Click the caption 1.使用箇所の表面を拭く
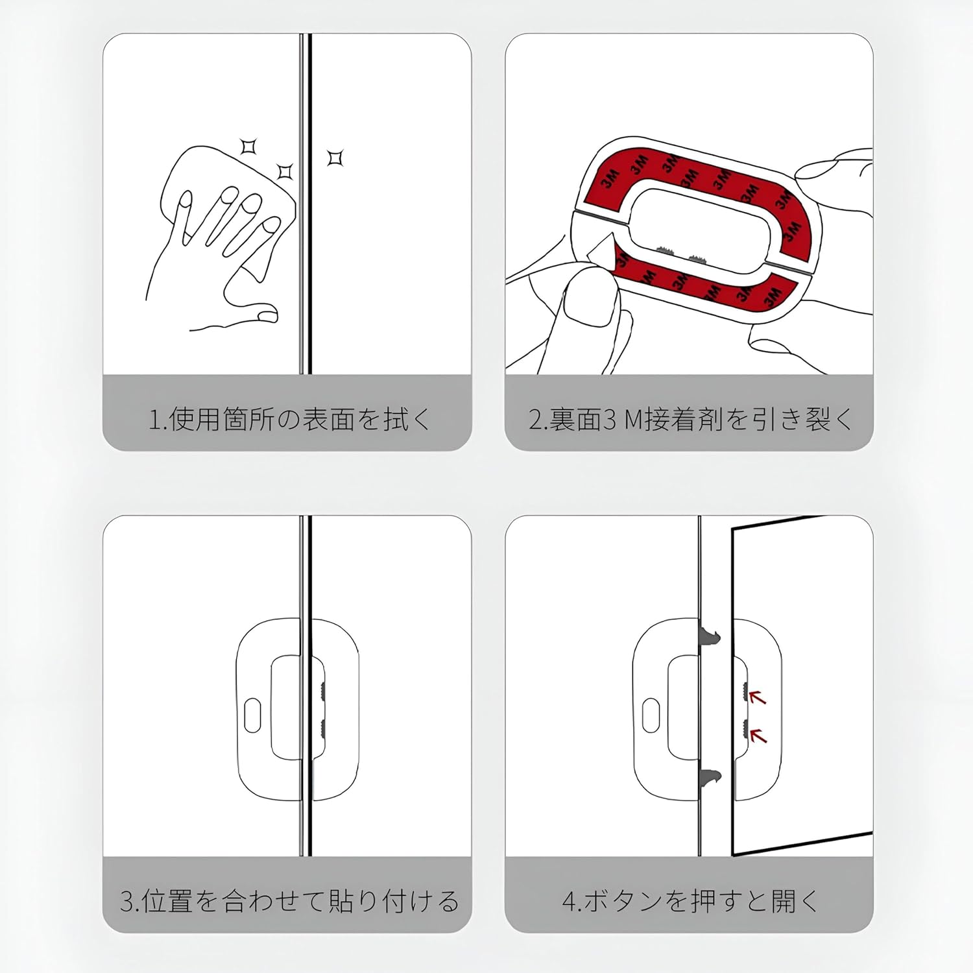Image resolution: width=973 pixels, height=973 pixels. pos(289,419)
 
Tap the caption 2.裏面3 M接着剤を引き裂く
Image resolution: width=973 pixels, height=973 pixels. pos(690,419)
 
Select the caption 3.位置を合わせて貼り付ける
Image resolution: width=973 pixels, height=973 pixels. pos(289,901)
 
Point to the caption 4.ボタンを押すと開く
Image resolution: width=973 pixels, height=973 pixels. pos(690,901)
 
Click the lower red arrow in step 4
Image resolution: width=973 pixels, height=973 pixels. pos(758,736)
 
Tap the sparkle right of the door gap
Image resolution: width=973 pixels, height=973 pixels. pos(335,158)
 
